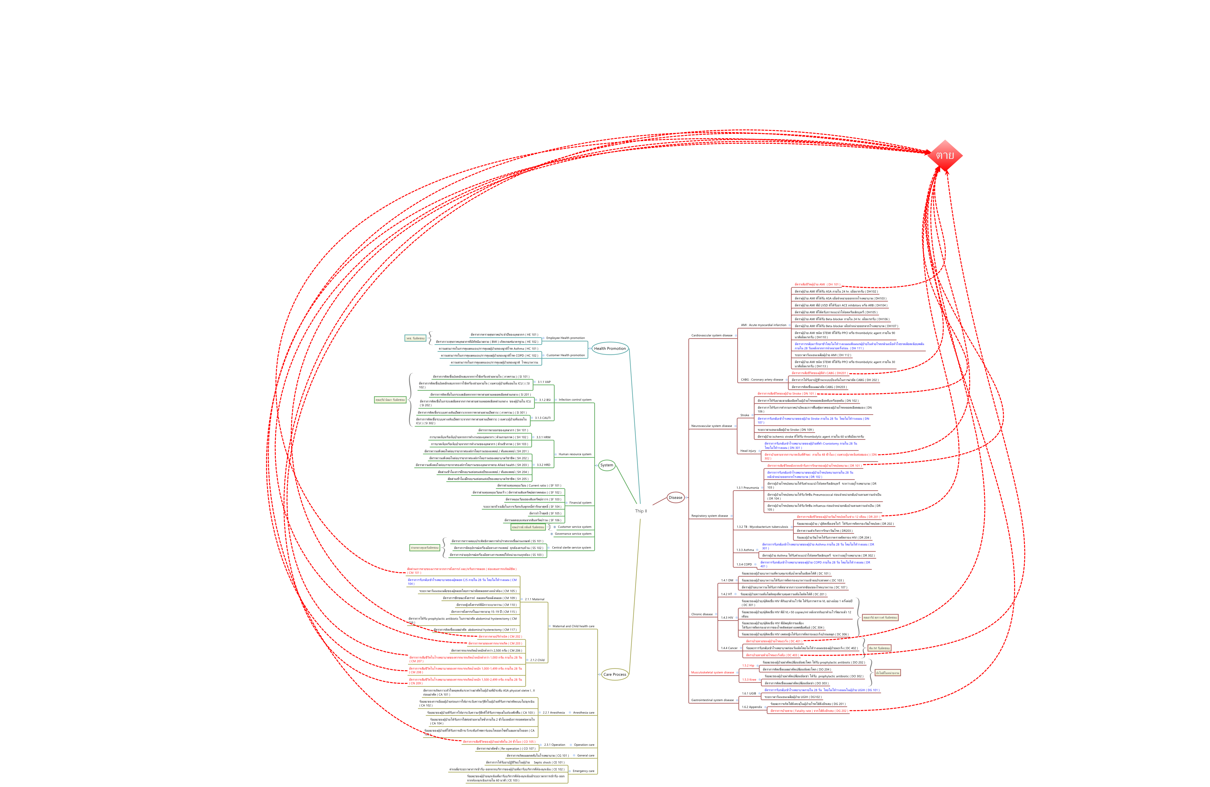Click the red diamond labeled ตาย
click(945, 156)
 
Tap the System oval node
click(606, 465)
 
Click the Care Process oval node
click(615, 674)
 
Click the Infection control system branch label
click(575, 400)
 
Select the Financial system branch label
click(580, 502)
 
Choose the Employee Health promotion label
click(565, 338)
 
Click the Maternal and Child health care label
click(573, 626)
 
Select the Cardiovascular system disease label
click(712, 335)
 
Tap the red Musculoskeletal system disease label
click(712, 672)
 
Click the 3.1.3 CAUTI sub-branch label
click(542, 418)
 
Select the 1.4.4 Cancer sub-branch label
click(729, 648)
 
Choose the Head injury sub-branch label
click(748, 451)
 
